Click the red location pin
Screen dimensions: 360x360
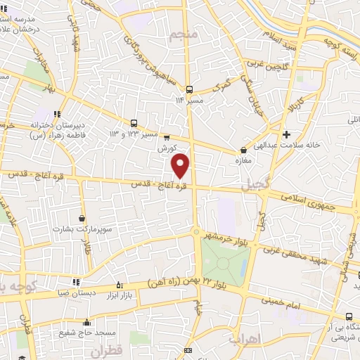tap(181, 165)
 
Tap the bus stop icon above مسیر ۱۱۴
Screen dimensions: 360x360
tap(188, 89)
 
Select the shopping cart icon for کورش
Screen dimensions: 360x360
tap(167, 138)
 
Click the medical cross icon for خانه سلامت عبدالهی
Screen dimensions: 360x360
tap(285, 134)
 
